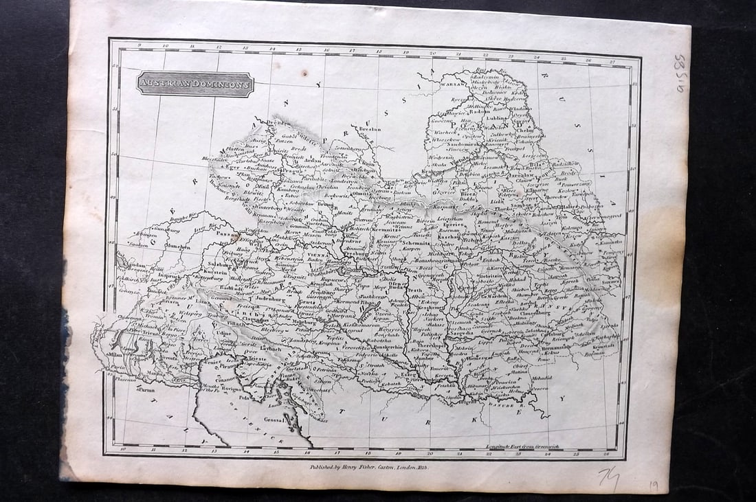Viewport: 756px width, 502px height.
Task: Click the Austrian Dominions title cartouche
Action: pos(196,84)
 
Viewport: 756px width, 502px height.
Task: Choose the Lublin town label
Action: pos(496,118)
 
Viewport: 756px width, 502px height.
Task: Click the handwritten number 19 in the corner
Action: pos(653,486)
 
